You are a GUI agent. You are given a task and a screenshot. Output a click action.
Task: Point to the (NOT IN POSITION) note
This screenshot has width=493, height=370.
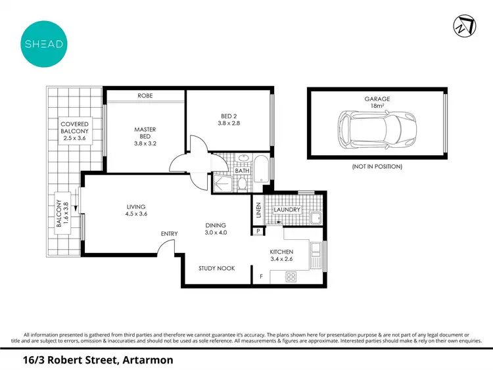(x=377, y=166)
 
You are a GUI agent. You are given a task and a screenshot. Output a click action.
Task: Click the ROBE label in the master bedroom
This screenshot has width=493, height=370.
(x=145, y=96)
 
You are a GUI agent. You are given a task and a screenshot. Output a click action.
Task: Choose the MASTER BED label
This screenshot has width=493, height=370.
(x=145, y=134)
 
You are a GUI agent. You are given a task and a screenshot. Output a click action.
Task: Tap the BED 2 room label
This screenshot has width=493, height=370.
(x=230, y=118)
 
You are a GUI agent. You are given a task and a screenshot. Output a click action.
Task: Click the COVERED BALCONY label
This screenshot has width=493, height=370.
(x=74, y=131)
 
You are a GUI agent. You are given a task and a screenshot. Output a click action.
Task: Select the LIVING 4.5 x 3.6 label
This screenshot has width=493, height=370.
(x=137, y=210)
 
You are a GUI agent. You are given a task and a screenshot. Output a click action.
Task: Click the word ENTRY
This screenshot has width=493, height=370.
(x=170, y=233)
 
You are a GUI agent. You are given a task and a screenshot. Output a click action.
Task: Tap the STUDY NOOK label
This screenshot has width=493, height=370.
(x=216, y=268)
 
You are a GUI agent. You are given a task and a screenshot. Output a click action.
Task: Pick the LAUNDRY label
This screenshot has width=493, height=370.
(x=287, y=210)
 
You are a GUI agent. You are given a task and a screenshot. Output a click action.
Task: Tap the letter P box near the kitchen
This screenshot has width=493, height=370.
(x=260, y=231)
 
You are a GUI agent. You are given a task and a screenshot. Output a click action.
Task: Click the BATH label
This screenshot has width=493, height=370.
(x=242, y=171)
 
